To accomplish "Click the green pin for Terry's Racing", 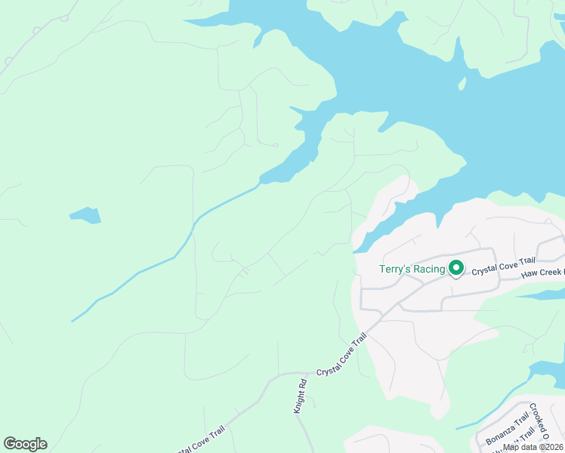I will tap(456, 268).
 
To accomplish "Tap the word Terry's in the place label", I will tap(395, 270).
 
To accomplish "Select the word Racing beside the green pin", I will tap(429, 270).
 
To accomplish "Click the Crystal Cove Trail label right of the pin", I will tap(503, 266).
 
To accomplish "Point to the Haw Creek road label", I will tap(542, 273).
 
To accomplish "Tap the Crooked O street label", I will tap(539, 421).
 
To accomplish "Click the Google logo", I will tap(25, 444).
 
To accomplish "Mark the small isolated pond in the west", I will tap(85, 215).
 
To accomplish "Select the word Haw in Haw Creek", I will tap(529, 273).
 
